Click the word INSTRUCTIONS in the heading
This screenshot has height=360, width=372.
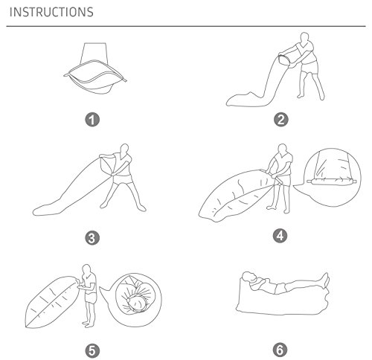[51, 12]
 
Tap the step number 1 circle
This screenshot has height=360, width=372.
[92, 120]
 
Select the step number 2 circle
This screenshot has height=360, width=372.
[280, 120]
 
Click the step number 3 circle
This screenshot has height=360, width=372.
[92, 238]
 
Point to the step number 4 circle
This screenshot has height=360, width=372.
[280, 236]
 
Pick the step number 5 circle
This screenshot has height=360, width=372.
[92, 350]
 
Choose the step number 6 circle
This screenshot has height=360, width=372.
[280, 350]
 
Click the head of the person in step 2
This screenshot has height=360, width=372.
[305, 38]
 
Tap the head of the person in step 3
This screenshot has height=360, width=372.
[124, 149]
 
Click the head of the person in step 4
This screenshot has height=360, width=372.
[282, 150]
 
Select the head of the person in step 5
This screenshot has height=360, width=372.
[86, 269]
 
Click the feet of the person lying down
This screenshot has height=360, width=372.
[325, 280]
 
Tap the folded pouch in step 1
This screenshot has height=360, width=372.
[95, 74]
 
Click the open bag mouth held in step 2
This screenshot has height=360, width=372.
[285, 60]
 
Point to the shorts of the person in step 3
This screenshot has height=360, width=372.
[122, 181]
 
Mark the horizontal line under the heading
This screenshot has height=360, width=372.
[186, 26]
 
